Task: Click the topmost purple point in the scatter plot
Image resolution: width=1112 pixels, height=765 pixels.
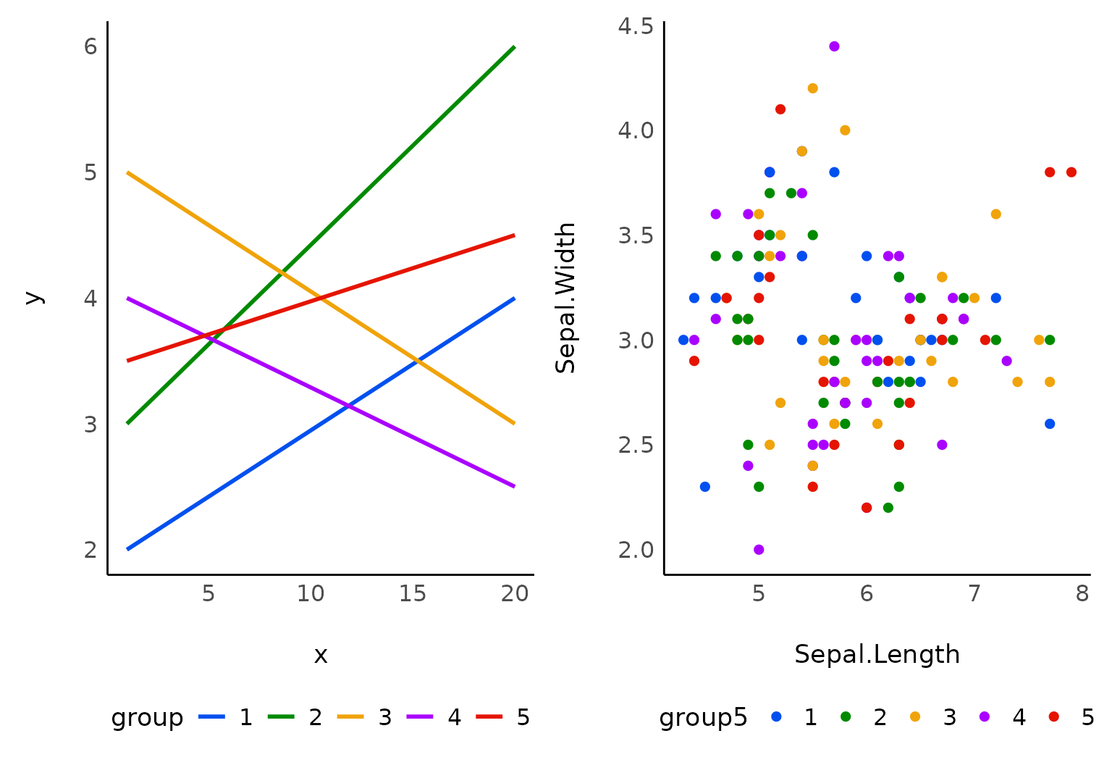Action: [834, 46]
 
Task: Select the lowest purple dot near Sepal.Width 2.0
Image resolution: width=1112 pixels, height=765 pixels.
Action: [759, 550]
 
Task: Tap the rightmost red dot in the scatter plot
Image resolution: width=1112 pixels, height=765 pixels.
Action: [1071, 172]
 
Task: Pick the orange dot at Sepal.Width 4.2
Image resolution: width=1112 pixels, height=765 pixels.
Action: [812, 88]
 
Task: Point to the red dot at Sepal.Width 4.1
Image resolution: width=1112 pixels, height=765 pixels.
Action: [780, 109]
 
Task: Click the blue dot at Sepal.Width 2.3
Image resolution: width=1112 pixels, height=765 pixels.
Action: [705, 487]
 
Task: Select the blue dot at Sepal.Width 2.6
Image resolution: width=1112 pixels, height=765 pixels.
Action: [1050, 424]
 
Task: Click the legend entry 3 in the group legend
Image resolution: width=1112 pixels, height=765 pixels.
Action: [384, 717]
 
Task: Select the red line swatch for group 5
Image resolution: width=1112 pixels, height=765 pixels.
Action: [489, 717]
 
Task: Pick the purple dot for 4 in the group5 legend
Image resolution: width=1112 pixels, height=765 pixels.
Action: [985, 717]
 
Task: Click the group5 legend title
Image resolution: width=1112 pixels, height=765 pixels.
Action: [702, 717]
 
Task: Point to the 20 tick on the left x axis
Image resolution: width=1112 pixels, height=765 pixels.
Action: [515, 594]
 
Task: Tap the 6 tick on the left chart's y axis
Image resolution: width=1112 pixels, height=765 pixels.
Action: [90, 46]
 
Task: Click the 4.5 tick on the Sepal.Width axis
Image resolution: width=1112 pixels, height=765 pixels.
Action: [636, 26]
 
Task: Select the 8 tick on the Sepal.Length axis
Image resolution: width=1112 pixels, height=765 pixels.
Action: [1082, 594]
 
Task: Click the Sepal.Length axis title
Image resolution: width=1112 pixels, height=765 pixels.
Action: [877, 654]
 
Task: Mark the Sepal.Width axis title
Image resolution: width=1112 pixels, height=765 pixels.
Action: [565, 298]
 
